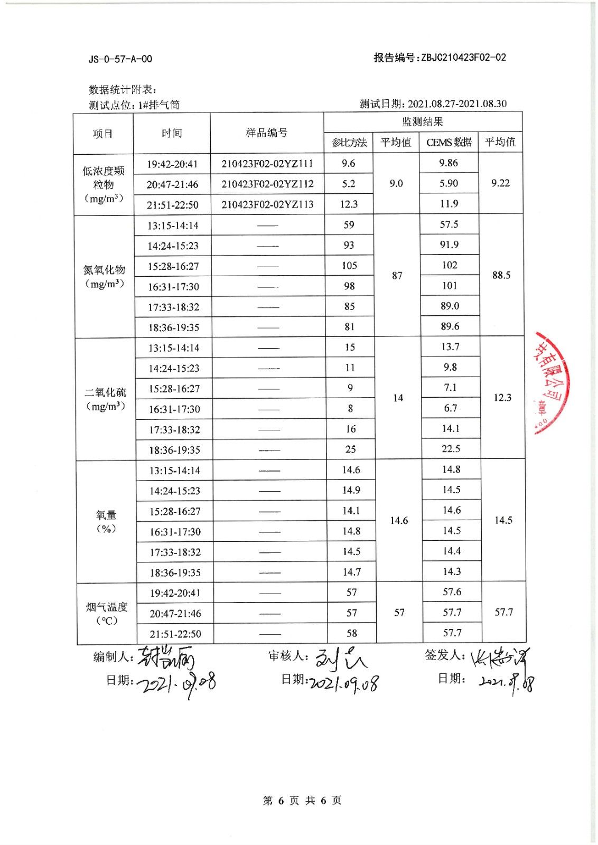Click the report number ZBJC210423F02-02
click(x=463, y=58)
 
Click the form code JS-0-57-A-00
click(x=120, y=59)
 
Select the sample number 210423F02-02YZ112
click(x=267, y=184)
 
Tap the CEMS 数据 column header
click(x=448, y=142)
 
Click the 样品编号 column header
click(x=267, y=133)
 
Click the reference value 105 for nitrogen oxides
click(x=349, y=265)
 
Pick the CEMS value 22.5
click(x=451, y=448)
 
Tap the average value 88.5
click(x=501, y=275)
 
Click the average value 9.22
click(x=500, y=183)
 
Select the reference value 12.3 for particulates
click(x=349, y=204)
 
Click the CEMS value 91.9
click(x=449, y=245)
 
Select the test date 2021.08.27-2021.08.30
click(x=456, y=104)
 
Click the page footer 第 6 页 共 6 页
click(x=302, y=801)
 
